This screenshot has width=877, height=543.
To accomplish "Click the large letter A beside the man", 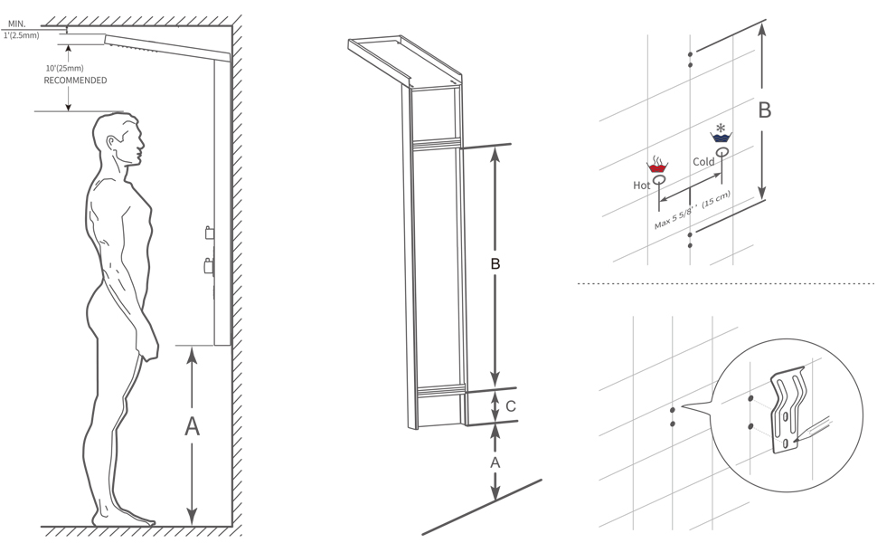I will pyautogui.click(x=192, y=426).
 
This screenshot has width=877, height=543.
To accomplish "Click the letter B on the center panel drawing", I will pyautogui.click(x=495, y=264).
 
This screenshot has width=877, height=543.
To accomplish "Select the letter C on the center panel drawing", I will pyautogui.click(x=511, y=406).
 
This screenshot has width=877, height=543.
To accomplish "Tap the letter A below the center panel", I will pyautogui.click(x=495, y=462).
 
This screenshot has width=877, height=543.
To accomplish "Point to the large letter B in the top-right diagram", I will pyautogui.click(x=764, y=110).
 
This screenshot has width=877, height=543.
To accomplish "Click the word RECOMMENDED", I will pyautogui.click(x=76, y=81).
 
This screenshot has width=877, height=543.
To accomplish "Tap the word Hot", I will pyautogui.click(x=642, y=185).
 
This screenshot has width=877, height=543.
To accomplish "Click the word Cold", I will pyautogui.click(x=703, y=162).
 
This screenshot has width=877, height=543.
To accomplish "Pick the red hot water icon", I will pyautogui.click(x=658, y=166).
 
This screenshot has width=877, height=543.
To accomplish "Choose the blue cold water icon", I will pyautogui.click(x=721, y=137).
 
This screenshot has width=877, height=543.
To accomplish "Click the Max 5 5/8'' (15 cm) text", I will pyautogui.click(x=693, y=211).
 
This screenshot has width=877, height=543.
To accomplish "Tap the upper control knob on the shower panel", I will pyautogui.click(x=209, y=233).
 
